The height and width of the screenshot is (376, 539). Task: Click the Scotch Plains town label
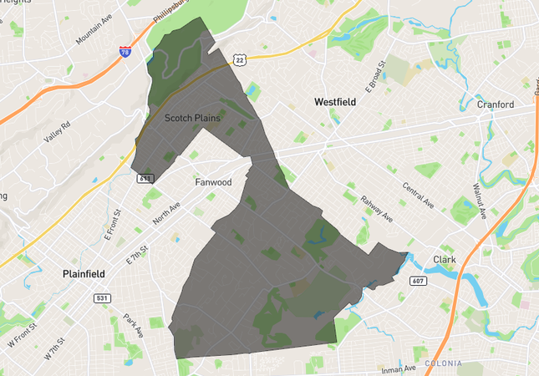192,118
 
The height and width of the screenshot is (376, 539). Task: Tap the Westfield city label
335,102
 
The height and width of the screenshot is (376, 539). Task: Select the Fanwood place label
212,181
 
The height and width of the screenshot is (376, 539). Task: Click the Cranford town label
496,105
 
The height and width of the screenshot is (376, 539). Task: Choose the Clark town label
445,259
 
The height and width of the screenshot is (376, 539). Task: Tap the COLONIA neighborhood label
443,363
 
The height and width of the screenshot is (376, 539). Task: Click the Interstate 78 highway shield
125,53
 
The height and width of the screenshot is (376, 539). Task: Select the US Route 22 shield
239,59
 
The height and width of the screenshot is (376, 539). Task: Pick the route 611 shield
146,178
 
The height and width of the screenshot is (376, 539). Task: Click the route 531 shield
103,298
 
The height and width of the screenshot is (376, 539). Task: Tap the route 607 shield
419,282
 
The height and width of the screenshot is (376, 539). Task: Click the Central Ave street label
418,195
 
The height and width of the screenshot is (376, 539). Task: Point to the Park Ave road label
133,326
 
